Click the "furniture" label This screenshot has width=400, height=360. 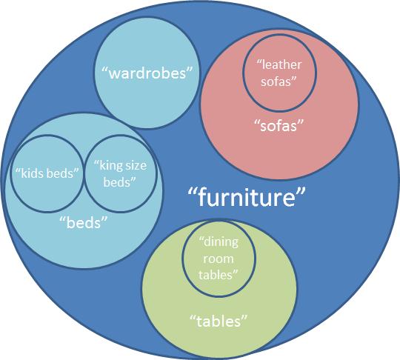[247, 197]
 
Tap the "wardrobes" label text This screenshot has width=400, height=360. [147, 73]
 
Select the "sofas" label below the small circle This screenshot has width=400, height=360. [279, 125]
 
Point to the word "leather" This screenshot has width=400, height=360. [282, 64]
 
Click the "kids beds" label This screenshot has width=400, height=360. [47, 173]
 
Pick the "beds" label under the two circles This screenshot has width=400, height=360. [84, 223]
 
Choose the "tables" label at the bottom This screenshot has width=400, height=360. [219, 321]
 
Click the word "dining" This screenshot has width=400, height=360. [221, 242]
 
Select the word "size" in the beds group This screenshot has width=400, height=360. [136, 166]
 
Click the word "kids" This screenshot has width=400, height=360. [30, 173]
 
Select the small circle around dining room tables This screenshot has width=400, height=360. [182, 259]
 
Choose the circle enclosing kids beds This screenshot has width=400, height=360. [10, 174]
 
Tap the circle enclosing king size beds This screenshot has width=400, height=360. [84, 173]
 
